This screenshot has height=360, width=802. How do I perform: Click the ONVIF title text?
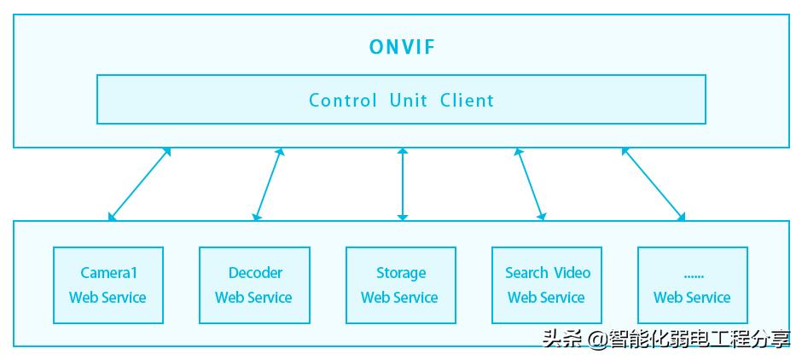click(402, 47)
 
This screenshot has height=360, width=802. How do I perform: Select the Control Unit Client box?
click(401, 99)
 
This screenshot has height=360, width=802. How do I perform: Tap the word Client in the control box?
click(467, 100)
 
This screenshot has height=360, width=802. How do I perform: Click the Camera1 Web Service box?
click(108, 285)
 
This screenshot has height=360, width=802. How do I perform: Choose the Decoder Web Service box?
click(253, 285)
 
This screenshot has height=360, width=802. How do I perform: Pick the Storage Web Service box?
click(400, 285)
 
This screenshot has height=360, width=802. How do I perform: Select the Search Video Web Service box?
click(547, 285)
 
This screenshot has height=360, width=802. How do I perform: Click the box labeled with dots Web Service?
click(692, 285)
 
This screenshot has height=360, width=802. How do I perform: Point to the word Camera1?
click(108, 273)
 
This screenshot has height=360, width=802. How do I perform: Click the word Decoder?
click(255, 273)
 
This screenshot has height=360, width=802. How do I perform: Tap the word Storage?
click(401, 273)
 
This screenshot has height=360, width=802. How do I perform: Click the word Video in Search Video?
click(572, 273)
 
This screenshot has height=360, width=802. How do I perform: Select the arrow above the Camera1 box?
click(140, 184)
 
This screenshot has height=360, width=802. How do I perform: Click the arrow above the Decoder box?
click(268, 184)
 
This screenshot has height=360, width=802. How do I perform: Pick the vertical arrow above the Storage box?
click(403, 184)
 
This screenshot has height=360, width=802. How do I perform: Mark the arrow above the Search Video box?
click(530, 184)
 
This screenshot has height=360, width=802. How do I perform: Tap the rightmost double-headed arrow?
click(653, 184)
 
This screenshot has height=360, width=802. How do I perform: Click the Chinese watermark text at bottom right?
click(666, 339)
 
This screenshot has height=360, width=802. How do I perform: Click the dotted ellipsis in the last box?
click(692, 275)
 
